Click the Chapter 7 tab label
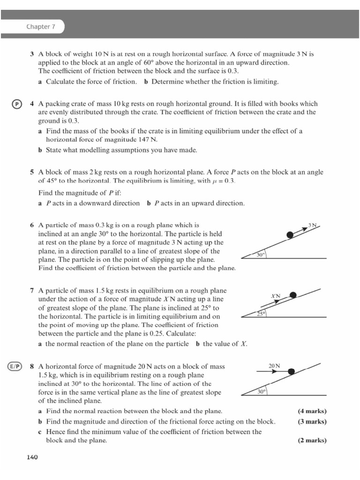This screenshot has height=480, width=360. [x=41, y=27]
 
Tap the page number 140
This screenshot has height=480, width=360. [x=31, y=457]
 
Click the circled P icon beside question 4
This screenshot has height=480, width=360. [x=16, y=104]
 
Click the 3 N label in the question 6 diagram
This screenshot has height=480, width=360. [x=313, y=225]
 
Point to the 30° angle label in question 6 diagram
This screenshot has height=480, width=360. [x=261, y=255]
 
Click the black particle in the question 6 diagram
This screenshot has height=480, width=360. [x=291, y=234]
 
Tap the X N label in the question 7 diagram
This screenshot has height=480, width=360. [x=276, y=296]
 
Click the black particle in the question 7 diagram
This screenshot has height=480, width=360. [x=293, y=295]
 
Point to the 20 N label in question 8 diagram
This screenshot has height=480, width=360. [x=274, y=365]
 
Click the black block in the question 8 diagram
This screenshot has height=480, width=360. [x=292, y=371]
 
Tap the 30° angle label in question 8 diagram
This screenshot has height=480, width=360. [x=262, y=391]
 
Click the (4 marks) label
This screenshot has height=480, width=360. [x=312, y=411]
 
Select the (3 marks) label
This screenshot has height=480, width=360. [x=312, y=421]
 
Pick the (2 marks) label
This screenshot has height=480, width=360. [x=312, y=441]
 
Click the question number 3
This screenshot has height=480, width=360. [x=32, y=54]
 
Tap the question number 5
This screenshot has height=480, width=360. [x=32, y=172]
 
